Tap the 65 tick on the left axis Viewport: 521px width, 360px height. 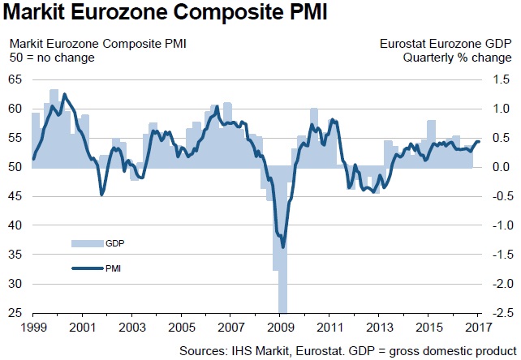pyautogui.click(x=16, y=79)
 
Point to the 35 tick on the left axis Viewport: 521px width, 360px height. pyautogui.click(x=16, y=255)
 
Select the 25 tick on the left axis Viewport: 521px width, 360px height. pyautogui.click(x=16, y=313)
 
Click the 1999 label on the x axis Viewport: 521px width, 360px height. pyautogui.click(x=32, y=328)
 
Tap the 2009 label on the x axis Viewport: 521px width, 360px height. pyautogui.click(x=281, y=328)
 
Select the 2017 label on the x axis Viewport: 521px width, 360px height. pyautogui.click(x=480, y=328)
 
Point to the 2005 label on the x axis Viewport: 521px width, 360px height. pyautogui.click(x=181, y=328)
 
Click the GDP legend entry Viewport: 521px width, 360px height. pyautogui.click(x=113, y=242)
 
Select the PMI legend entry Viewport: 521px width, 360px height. pyautogui.click(x=113, y=267)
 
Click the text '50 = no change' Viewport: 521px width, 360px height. pyautogui.click(x=51, y=58)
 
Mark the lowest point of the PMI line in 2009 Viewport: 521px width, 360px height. pyautogui.click(x=282, y=246)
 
